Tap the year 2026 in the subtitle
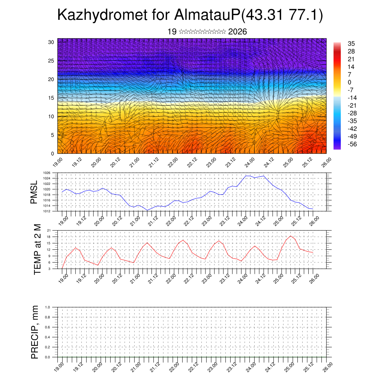pos(237,32)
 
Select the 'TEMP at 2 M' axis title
pos(37,249)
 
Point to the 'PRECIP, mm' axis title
pos(35,332)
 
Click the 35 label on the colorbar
pos(351,43)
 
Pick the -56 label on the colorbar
pos(353,144)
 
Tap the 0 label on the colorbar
pos(349,82)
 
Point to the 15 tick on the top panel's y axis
pos(51,98)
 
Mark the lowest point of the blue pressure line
pos(147,210)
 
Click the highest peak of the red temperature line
pos(291,236)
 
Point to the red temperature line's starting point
pos(62,268)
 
